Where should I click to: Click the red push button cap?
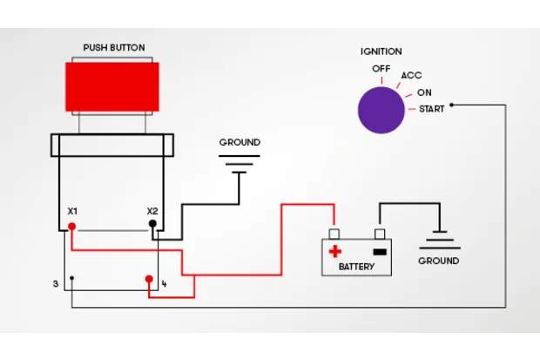113,85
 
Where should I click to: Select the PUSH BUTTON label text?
114,47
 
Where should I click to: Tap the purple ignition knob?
381,110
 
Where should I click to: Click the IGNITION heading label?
381,51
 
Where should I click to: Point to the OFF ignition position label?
381,68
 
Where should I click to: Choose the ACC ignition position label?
411,76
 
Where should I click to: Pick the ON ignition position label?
424,92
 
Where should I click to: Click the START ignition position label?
431,109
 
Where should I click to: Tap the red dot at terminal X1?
72,227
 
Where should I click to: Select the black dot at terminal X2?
153,224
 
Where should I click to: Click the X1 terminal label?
73,211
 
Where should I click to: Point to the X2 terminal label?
152,211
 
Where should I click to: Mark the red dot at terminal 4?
149,279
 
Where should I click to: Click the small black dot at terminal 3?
72,279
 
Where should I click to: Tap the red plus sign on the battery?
334,251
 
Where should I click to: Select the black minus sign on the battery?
378,251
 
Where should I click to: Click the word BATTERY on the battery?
356,267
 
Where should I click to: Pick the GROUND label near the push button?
240,142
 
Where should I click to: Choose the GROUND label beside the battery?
439,261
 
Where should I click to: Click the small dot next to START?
451,105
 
